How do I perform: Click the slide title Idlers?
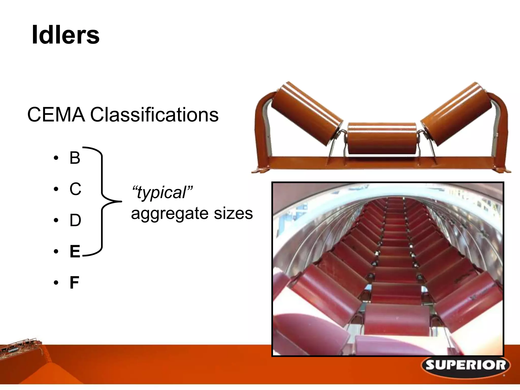coord(66,35)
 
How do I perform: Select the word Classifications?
coord(154,115)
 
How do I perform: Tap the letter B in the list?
coord(75,158)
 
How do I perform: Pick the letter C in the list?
coord(75,189)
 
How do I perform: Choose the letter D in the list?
coord(75,220)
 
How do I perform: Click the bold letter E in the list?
coord(75,251)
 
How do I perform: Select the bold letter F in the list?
coord(74,283)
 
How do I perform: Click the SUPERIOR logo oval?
coord(466,366)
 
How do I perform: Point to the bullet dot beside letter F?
coord(56,283)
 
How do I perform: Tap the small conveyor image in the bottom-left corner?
coord(23,355)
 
